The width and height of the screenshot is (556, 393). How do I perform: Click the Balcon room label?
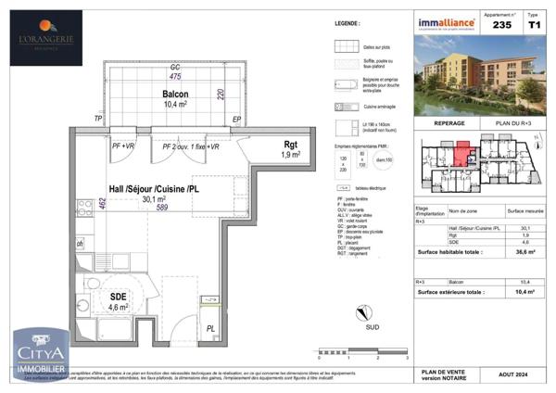pos(175,95)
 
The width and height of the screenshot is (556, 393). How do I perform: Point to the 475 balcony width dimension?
pos(174,77)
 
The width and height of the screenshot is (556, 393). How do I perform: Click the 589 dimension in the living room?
pos(161,209)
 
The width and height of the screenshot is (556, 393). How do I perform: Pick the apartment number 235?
pos(500,27)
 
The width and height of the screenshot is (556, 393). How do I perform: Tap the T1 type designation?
pos(533,27)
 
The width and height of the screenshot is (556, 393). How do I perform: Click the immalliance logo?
pos(446,22)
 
